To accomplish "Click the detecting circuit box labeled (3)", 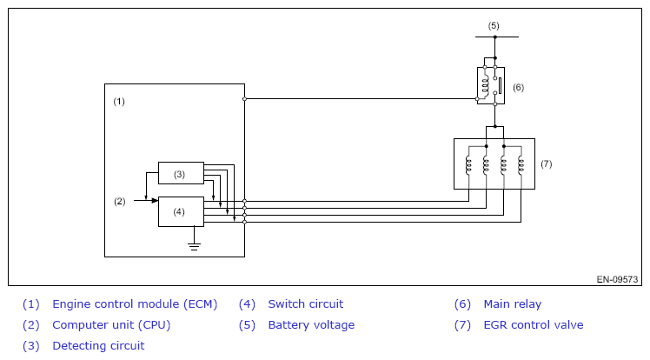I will [x=180, y=173].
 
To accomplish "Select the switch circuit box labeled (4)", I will [x=180, y=211].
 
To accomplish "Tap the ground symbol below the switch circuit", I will [x=195, y=246].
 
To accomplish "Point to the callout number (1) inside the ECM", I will [x=120, y=102].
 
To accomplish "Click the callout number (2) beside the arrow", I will [x=120, y=202].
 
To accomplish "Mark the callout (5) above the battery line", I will [x=494, y=25].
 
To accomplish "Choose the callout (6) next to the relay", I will [x=518, y=87].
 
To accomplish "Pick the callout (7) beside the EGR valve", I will [x=547, y=163].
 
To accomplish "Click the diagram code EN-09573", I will [x=617, y=280].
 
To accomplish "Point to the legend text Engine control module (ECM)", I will [x=135, y=304].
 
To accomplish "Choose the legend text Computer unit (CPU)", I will [x=111, y=325].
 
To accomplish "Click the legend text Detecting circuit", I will [x=98, y=346].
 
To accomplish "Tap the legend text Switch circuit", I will [x=305, y=304].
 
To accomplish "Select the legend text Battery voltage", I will [x=311, y=325].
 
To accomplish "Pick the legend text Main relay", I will [x=512, y=304].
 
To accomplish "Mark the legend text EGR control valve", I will [x=533, y=325].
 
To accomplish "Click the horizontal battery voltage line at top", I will [x=495, y=37].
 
